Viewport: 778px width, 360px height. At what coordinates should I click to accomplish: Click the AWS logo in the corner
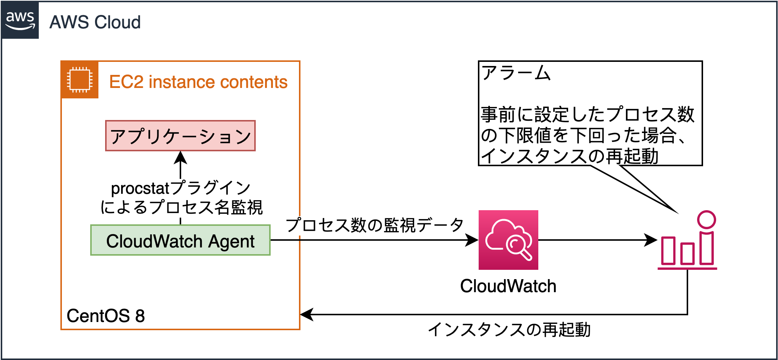[20, 20]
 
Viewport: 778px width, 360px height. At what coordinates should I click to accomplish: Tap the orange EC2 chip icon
[79, 79]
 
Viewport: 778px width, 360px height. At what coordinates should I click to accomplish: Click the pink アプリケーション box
[180, 136]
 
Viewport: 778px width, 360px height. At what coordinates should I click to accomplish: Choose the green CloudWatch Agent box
[180, 240]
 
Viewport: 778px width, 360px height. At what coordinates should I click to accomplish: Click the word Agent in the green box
[231, 241]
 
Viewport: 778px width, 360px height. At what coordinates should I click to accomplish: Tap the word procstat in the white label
[140, 188]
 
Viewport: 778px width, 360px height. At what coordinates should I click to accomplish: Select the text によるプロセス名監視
[182, 208]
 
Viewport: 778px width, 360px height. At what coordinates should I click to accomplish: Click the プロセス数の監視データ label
[375, 225]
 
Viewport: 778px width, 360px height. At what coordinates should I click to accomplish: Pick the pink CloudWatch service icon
[508, 240]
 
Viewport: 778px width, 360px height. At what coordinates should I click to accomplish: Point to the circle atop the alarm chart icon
[706, 220]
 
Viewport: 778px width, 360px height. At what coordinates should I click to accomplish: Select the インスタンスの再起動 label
[510, 330]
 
